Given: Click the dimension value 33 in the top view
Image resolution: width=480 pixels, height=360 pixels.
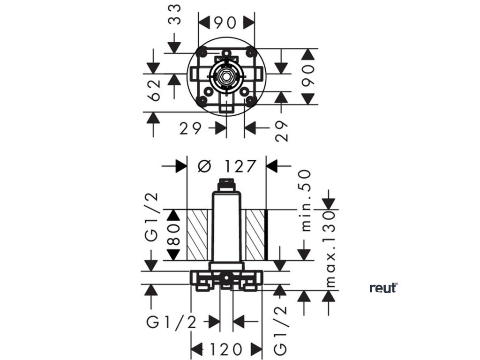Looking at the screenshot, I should [174, 15].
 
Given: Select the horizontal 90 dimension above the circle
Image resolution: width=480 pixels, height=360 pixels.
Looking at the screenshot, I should [227, 22].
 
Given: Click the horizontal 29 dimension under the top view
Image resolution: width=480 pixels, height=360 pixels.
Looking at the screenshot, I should [191, 127].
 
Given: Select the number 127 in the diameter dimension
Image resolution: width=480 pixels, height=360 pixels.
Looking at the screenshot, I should [240, 166].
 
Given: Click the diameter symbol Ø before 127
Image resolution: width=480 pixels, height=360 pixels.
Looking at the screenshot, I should [204, 166].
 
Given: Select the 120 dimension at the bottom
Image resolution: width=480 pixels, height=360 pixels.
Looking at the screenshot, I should [226, 349].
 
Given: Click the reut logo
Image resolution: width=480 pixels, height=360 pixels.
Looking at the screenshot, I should [383, 287].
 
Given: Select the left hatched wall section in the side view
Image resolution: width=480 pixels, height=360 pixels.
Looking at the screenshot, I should [197, 235].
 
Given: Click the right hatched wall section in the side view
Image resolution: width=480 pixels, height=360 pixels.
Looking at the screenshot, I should [255, 235].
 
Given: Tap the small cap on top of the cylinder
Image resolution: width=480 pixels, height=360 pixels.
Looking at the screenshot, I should [226, 184].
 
